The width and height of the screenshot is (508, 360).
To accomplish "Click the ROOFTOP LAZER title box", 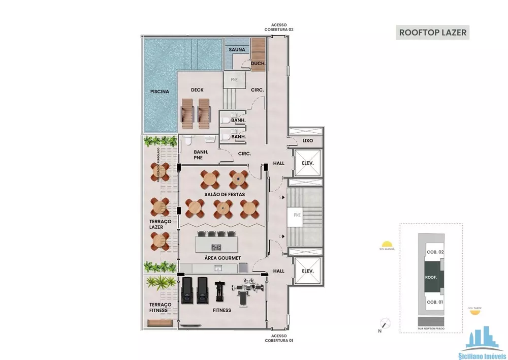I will tap(432, 32).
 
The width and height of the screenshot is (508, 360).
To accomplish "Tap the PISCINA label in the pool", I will tap(159, 92).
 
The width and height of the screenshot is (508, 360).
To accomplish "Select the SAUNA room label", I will tap(237, 50).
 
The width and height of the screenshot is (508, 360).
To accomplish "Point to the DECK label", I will tap(197, 90).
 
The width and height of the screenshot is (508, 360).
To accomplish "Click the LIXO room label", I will tap(307, 140).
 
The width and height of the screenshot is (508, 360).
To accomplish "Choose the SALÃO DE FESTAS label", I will tap(225, 195).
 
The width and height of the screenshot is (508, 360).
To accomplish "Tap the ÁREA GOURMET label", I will tap(222, 258).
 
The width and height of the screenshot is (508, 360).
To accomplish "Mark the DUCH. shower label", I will tap(258, 64).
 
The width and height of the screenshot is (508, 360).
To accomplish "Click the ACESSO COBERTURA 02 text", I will tap(279, 27).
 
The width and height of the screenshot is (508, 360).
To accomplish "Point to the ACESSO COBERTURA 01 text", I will tap(278, 338).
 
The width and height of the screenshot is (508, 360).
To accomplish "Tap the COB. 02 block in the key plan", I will tap(435, 253).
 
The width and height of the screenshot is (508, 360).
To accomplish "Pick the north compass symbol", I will tap(386, 324).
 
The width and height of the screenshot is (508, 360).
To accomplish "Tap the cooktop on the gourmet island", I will tap(216, 248).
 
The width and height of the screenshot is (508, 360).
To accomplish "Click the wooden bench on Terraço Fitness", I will tap(158, 323).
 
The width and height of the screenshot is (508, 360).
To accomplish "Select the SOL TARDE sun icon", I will tap(474, 312).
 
